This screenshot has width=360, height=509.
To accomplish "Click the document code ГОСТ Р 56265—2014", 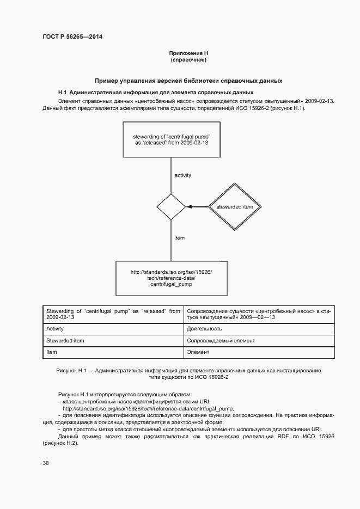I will click(72, 37).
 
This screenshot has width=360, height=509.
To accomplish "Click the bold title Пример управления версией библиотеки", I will click(188, 81).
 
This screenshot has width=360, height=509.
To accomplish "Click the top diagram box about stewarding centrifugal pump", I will click(172, 139).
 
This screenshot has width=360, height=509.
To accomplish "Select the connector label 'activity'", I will click(182, 175).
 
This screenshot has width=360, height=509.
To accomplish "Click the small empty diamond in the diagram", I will click(172, 207).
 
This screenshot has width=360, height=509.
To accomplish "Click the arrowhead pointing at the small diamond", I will click(189, 207).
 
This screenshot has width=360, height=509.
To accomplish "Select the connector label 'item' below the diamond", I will click(179, 238).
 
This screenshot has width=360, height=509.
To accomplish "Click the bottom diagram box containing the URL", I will click(172, 278).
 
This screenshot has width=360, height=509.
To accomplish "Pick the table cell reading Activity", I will click(55, 329).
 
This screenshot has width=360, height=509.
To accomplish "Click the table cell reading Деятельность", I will click(204, 329).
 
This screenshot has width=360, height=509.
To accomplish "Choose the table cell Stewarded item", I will click(65, 341).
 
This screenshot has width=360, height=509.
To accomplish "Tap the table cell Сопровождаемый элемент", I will click(221, 341).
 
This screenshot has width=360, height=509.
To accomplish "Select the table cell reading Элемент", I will click(198, 353).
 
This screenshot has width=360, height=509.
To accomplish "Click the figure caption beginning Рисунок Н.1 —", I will click(188, 373).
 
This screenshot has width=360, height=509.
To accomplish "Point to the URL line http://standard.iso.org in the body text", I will click(148, 408).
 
